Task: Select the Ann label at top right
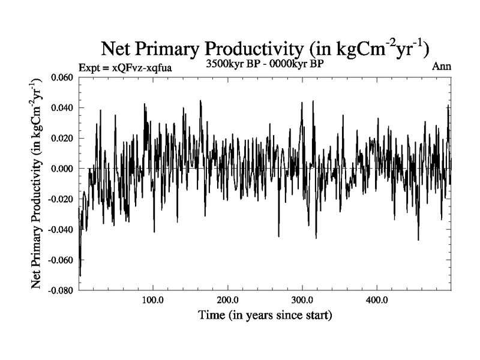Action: tap(441, 67)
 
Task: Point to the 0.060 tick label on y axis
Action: tap(62, 78)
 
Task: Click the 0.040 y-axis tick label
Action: tap(62, 108)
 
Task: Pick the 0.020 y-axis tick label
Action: tap(62, 139)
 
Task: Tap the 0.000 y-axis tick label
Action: tap(62, 169)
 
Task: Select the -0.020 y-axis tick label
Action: tap(61, 199)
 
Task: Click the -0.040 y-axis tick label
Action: tap(61, 230)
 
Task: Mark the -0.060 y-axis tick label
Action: tap(61, 260)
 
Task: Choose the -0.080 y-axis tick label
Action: tap(61, 290)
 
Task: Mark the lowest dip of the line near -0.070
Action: tap(80, 275)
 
